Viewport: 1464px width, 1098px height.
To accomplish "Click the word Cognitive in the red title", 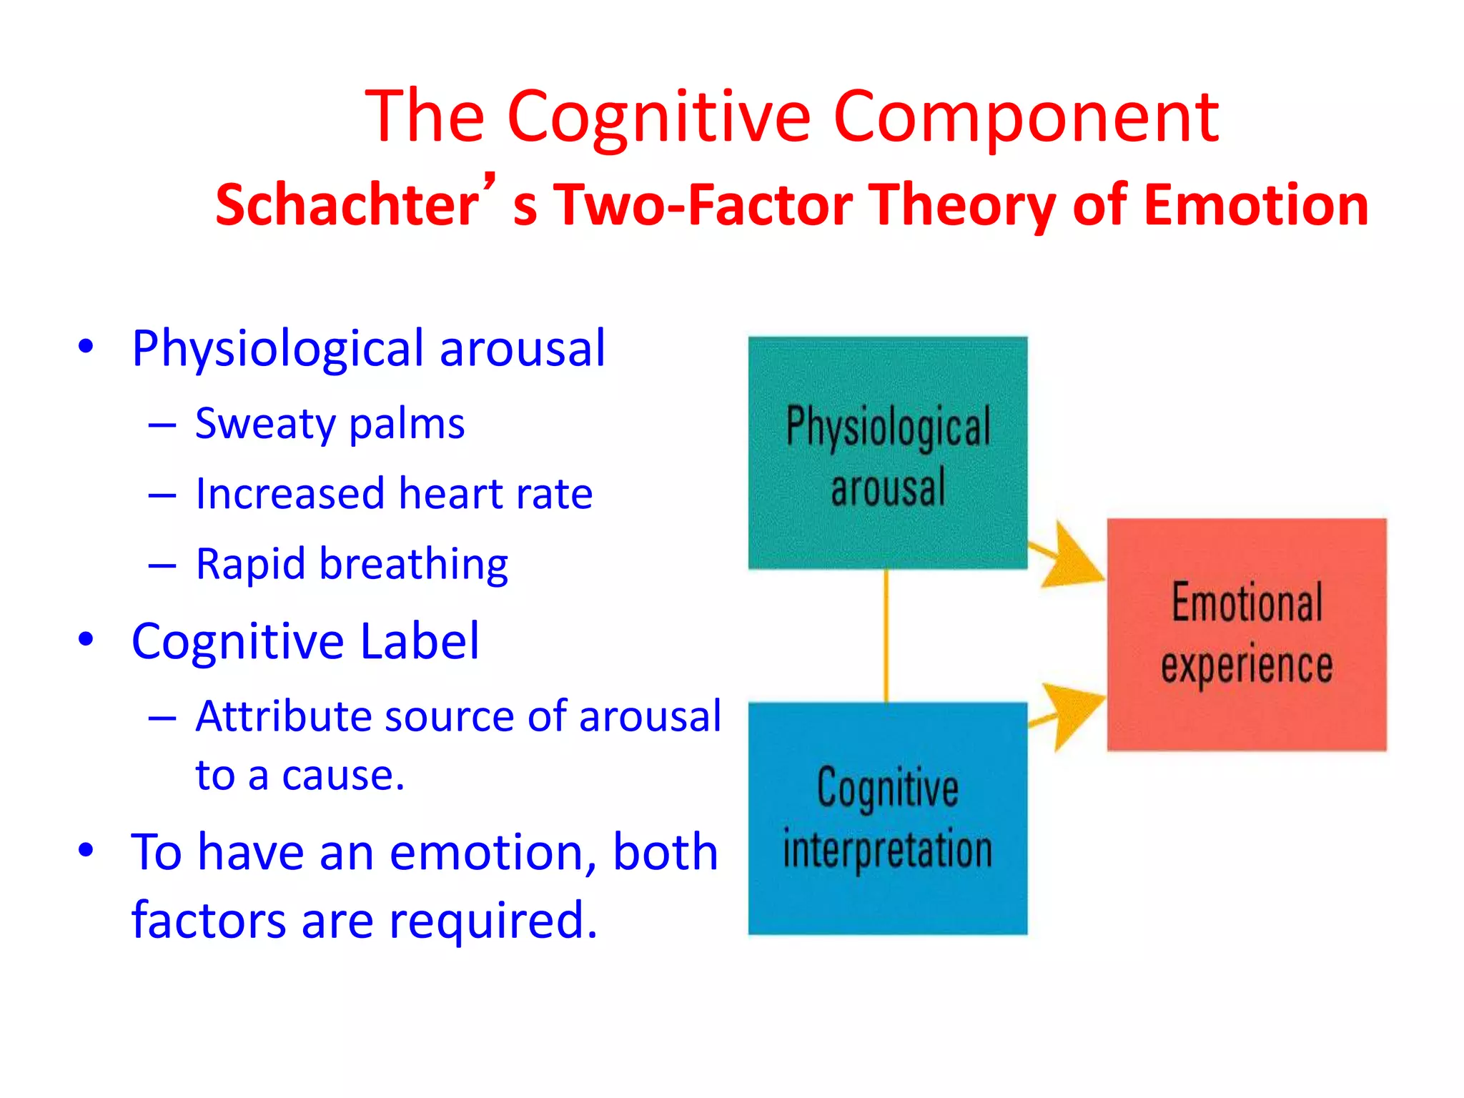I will pos(658,117).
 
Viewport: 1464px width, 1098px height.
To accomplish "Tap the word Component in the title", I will pos(1026,117).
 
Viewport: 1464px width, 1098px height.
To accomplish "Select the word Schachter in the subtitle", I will pos(347,205).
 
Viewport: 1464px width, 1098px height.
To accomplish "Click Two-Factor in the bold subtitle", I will pos(703,205).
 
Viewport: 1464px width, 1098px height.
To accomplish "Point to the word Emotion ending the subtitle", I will pos(1255,205).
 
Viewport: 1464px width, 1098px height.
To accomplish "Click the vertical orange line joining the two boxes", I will pos(886,635).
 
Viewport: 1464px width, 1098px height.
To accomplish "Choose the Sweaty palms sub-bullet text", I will pos(330,424).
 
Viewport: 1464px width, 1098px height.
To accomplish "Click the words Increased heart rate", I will pos(394,494).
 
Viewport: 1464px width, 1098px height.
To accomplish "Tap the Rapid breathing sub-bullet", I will pos(352,564).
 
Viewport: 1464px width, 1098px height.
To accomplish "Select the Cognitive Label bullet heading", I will pos(305,641).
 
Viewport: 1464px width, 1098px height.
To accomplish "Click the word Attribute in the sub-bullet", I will pos(283,716).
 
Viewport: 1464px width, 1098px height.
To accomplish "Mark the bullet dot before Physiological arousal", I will pos(86,347).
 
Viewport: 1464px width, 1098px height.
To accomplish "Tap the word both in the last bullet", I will pos(665,852).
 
